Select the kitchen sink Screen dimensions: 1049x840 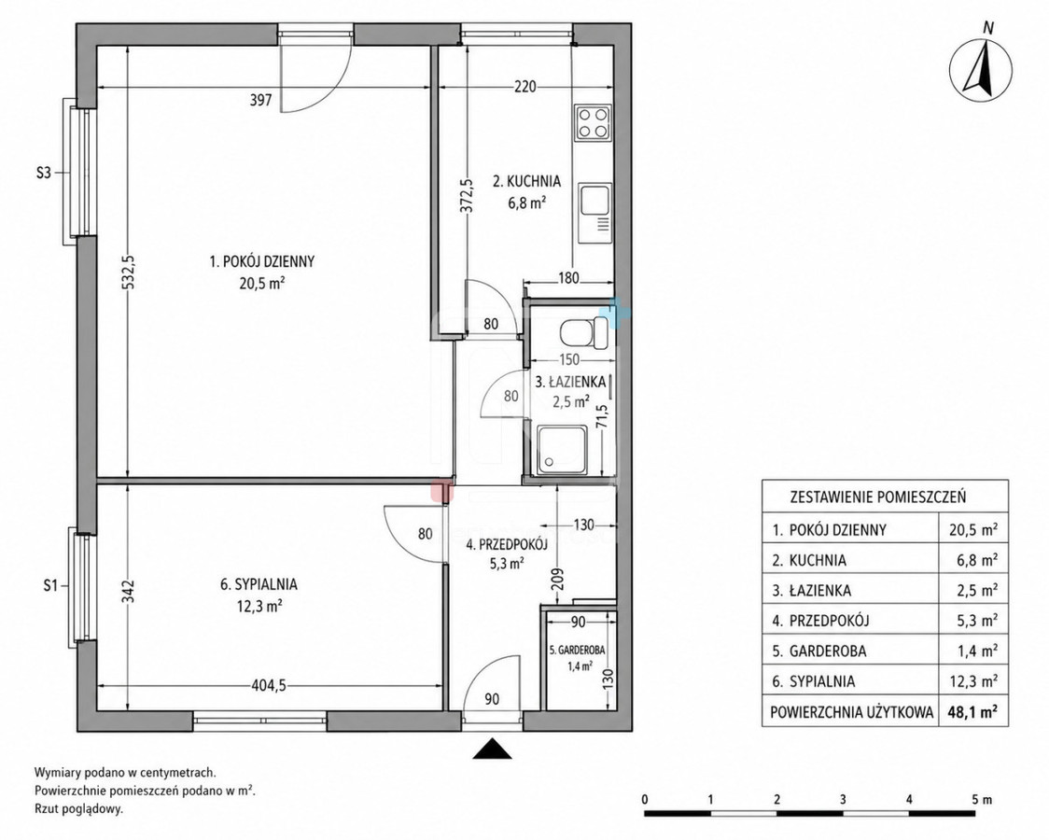point(594,214)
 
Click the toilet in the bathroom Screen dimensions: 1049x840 point(583,331)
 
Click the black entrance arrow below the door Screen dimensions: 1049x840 point(493,749)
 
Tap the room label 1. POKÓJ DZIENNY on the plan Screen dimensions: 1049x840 point(262,261)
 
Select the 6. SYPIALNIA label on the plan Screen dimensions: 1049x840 point(259,584)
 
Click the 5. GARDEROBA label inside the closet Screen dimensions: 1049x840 point(577,650)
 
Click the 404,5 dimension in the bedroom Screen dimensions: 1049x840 point(268,685)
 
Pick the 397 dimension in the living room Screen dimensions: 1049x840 point(260,100)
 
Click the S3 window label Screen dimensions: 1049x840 point(43,174)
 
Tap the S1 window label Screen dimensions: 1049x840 point(49,586)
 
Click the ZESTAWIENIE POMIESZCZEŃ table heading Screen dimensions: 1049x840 point(877,497)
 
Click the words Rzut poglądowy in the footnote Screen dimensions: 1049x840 point(79,808)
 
